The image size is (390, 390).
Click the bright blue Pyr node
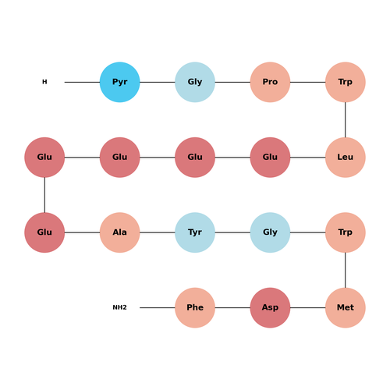[119, 82]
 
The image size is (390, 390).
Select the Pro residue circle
[270, 82]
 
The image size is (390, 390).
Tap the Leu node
[346, 158]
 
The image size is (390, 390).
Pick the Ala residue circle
[119, 232]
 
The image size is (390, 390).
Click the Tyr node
[195, 232]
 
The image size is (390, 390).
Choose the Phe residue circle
[195, 307]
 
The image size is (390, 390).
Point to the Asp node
[270, 307]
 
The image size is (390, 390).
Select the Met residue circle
[346, 307]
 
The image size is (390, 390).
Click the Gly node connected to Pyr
[195, 82]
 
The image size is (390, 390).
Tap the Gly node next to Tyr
[270, 232]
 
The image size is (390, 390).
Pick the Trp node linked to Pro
[346, 82]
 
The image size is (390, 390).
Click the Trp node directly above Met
[346, 232]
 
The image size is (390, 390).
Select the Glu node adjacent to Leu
[270, 158]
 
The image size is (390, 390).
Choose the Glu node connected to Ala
[44, 232]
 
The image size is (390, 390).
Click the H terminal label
[44, 82]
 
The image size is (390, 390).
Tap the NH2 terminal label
[119, 307]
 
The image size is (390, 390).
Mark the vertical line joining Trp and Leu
[346, 120]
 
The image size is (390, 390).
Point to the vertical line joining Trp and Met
[346, 270]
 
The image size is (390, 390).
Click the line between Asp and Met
[308, 307]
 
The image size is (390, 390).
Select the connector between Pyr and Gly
[158, 82]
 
